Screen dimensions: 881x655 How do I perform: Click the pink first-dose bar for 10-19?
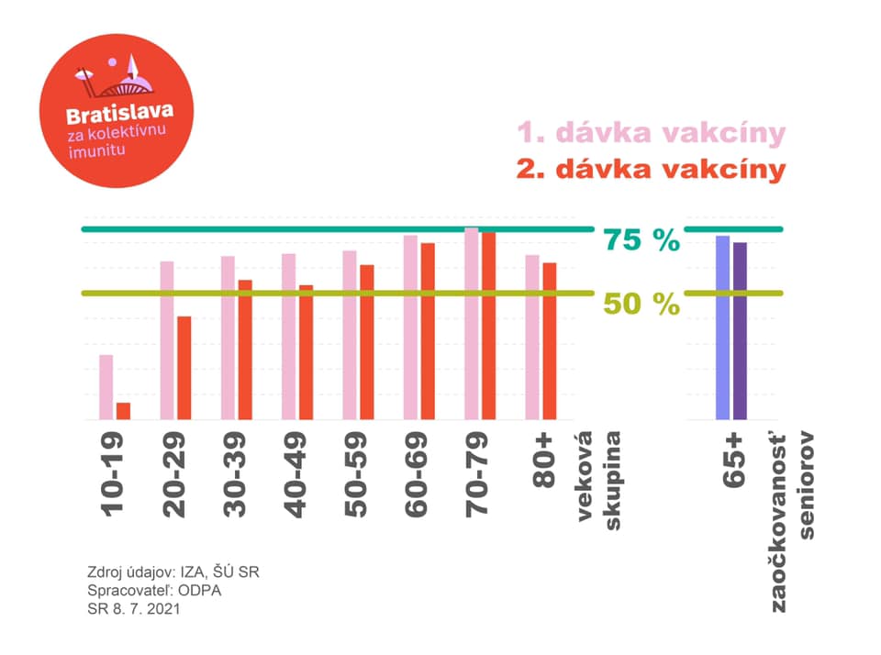point(106,387)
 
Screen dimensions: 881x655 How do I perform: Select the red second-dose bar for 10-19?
point(124,411)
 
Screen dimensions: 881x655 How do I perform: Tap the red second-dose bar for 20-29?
point(184,368)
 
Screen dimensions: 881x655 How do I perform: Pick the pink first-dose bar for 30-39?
point(228,338)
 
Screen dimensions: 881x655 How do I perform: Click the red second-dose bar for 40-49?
point(307,352)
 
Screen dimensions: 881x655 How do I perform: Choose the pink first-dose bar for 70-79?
point(472,324)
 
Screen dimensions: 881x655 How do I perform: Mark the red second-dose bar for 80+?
point(550,341)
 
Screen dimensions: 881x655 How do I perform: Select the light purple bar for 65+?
point(722,327)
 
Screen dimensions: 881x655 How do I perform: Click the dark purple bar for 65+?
point(740,331)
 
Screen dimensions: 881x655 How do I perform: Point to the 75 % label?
point(641,239)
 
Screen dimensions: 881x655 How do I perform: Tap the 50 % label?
point(641,304)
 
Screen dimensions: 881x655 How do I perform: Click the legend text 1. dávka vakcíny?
point(652,133)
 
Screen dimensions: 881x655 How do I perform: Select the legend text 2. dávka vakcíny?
point(652,169)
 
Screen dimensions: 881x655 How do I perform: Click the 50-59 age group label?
point(356,474)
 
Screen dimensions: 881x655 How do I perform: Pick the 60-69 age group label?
point(417,474)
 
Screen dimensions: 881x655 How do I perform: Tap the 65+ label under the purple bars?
point(734,461)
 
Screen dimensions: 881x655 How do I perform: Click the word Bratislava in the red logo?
point(119,114)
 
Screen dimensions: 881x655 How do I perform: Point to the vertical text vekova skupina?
point(599,481)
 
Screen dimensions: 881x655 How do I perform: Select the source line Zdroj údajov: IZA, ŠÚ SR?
point(173,572)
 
